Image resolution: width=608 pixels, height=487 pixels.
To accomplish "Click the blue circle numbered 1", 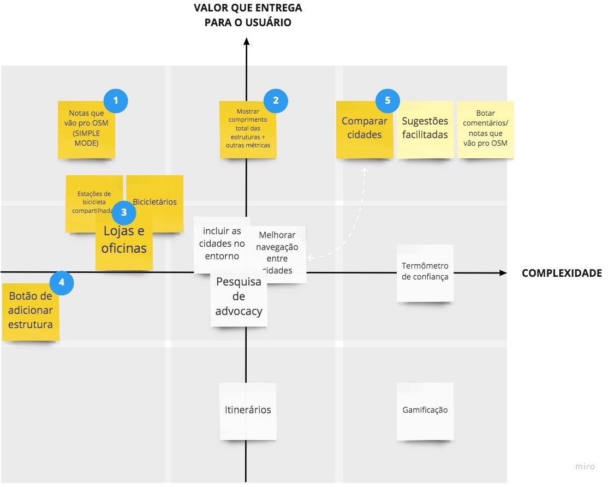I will (x=115, y=100).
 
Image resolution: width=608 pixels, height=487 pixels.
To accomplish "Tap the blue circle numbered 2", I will (x=276, y=100).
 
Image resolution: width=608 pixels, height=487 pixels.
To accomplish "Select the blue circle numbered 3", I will (x=124, y=212).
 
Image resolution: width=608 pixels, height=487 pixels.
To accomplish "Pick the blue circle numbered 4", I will (x=62, y=282).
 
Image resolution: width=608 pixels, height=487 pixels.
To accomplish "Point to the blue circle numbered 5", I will (x=388, y=100).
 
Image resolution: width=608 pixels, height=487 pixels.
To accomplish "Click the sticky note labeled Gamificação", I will (x=425, y=411).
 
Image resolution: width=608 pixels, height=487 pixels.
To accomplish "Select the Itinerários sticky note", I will (x=248, y=411).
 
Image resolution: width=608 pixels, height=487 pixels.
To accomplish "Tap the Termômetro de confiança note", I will (x=425, y=273).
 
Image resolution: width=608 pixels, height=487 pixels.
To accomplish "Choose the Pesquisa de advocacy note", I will (x=239, y=298).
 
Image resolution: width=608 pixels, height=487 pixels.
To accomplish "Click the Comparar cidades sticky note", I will (x=364, y=129).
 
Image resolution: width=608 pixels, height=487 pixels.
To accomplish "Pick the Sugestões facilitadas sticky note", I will (x=425, y=129).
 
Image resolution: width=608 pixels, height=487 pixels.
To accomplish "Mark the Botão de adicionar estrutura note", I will (x=31, y=311).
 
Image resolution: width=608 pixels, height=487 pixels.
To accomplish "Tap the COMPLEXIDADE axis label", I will (x=562, y=274).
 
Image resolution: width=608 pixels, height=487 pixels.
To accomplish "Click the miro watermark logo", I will (x=585, y=467).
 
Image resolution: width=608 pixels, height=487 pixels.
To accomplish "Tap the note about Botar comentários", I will (x=485, y=129).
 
